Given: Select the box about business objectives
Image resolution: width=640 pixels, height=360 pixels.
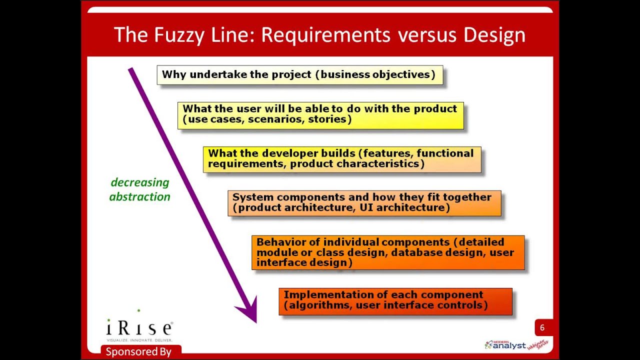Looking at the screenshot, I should [299, 75].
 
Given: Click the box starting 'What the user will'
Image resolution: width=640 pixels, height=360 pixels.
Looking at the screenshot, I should [320, 114].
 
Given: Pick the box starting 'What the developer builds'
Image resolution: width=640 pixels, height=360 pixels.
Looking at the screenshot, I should [342, 159].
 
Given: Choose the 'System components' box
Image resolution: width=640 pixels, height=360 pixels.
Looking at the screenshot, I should [364, 202].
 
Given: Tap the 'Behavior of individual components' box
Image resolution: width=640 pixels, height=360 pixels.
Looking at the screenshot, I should [388, 252].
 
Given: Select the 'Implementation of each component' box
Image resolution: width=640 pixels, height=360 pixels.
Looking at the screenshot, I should [395, 300].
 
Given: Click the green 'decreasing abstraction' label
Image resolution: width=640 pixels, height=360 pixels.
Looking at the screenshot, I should [140, 189].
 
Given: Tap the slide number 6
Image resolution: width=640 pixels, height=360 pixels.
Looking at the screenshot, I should [542, 328].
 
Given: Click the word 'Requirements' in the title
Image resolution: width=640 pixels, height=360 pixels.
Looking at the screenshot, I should [325, 35].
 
